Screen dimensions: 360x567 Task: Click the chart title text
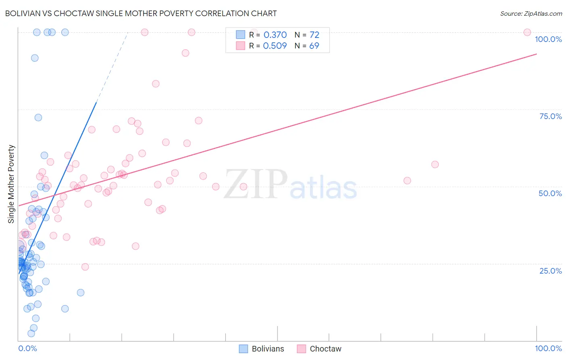point(141,13)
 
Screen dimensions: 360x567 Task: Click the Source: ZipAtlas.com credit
point(531,13)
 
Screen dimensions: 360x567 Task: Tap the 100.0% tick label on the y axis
point(548,39)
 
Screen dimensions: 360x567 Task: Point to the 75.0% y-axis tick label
point(550,116)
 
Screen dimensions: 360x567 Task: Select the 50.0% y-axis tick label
point(550,193)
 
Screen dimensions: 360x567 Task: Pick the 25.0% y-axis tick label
point(550,271)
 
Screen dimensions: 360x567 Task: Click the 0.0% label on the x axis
point(27,348)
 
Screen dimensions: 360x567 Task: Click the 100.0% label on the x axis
point(548,348)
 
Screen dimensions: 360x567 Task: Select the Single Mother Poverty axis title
point(11,184)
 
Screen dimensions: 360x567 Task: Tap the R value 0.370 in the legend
point(275,35)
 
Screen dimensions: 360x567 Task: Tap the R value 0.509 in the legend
point(275,46)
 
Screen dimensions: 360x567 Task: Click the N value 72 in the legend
point(314,35)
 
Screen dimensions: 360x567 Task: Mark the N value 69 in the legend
point(314,46)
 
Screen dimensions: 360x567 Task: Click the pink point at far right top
point(527,32)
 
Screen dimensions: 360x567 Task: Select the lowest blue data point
point(31,333)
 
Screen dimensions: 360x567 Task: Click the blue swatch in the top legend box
point(240,35)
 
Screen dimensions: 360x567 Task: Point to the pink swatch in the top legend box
point(240,46)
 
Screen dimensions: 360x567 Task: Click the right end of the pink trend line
point(536,54)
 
